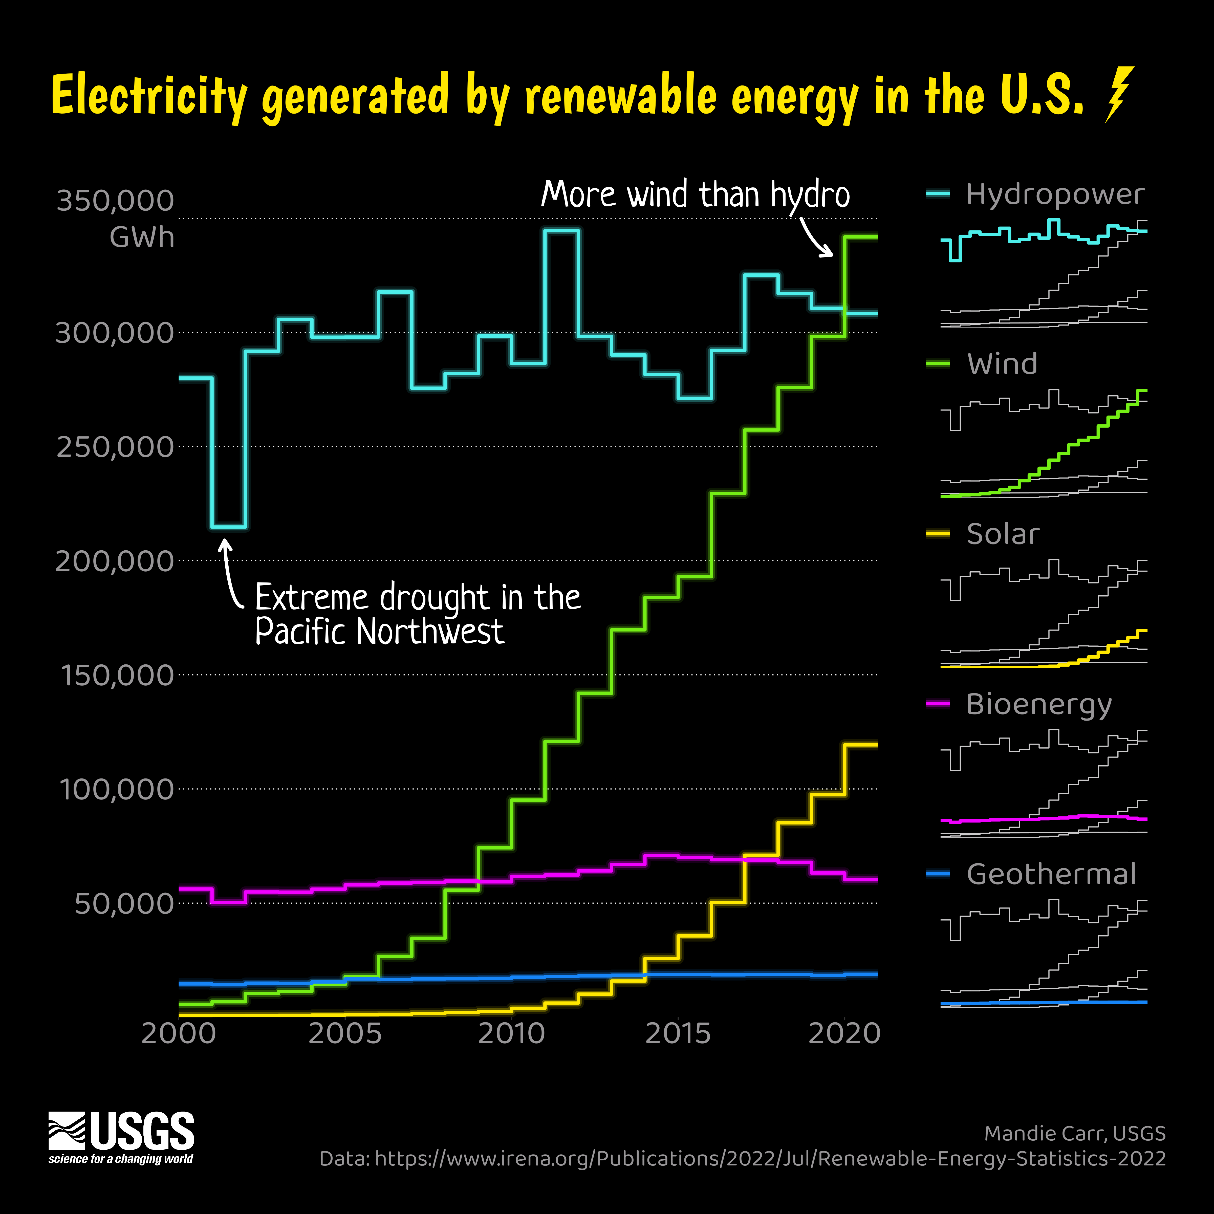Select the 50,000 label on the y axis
(x=124, y=904)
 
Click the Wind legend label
(x=1002, y=364)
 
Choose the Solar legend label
(x=1003, y=534)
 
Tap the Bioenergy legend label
(x=1039, y=704)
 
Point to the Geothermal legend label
(x=1051, y=874)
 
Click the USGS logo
(x=121, y=1137)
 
